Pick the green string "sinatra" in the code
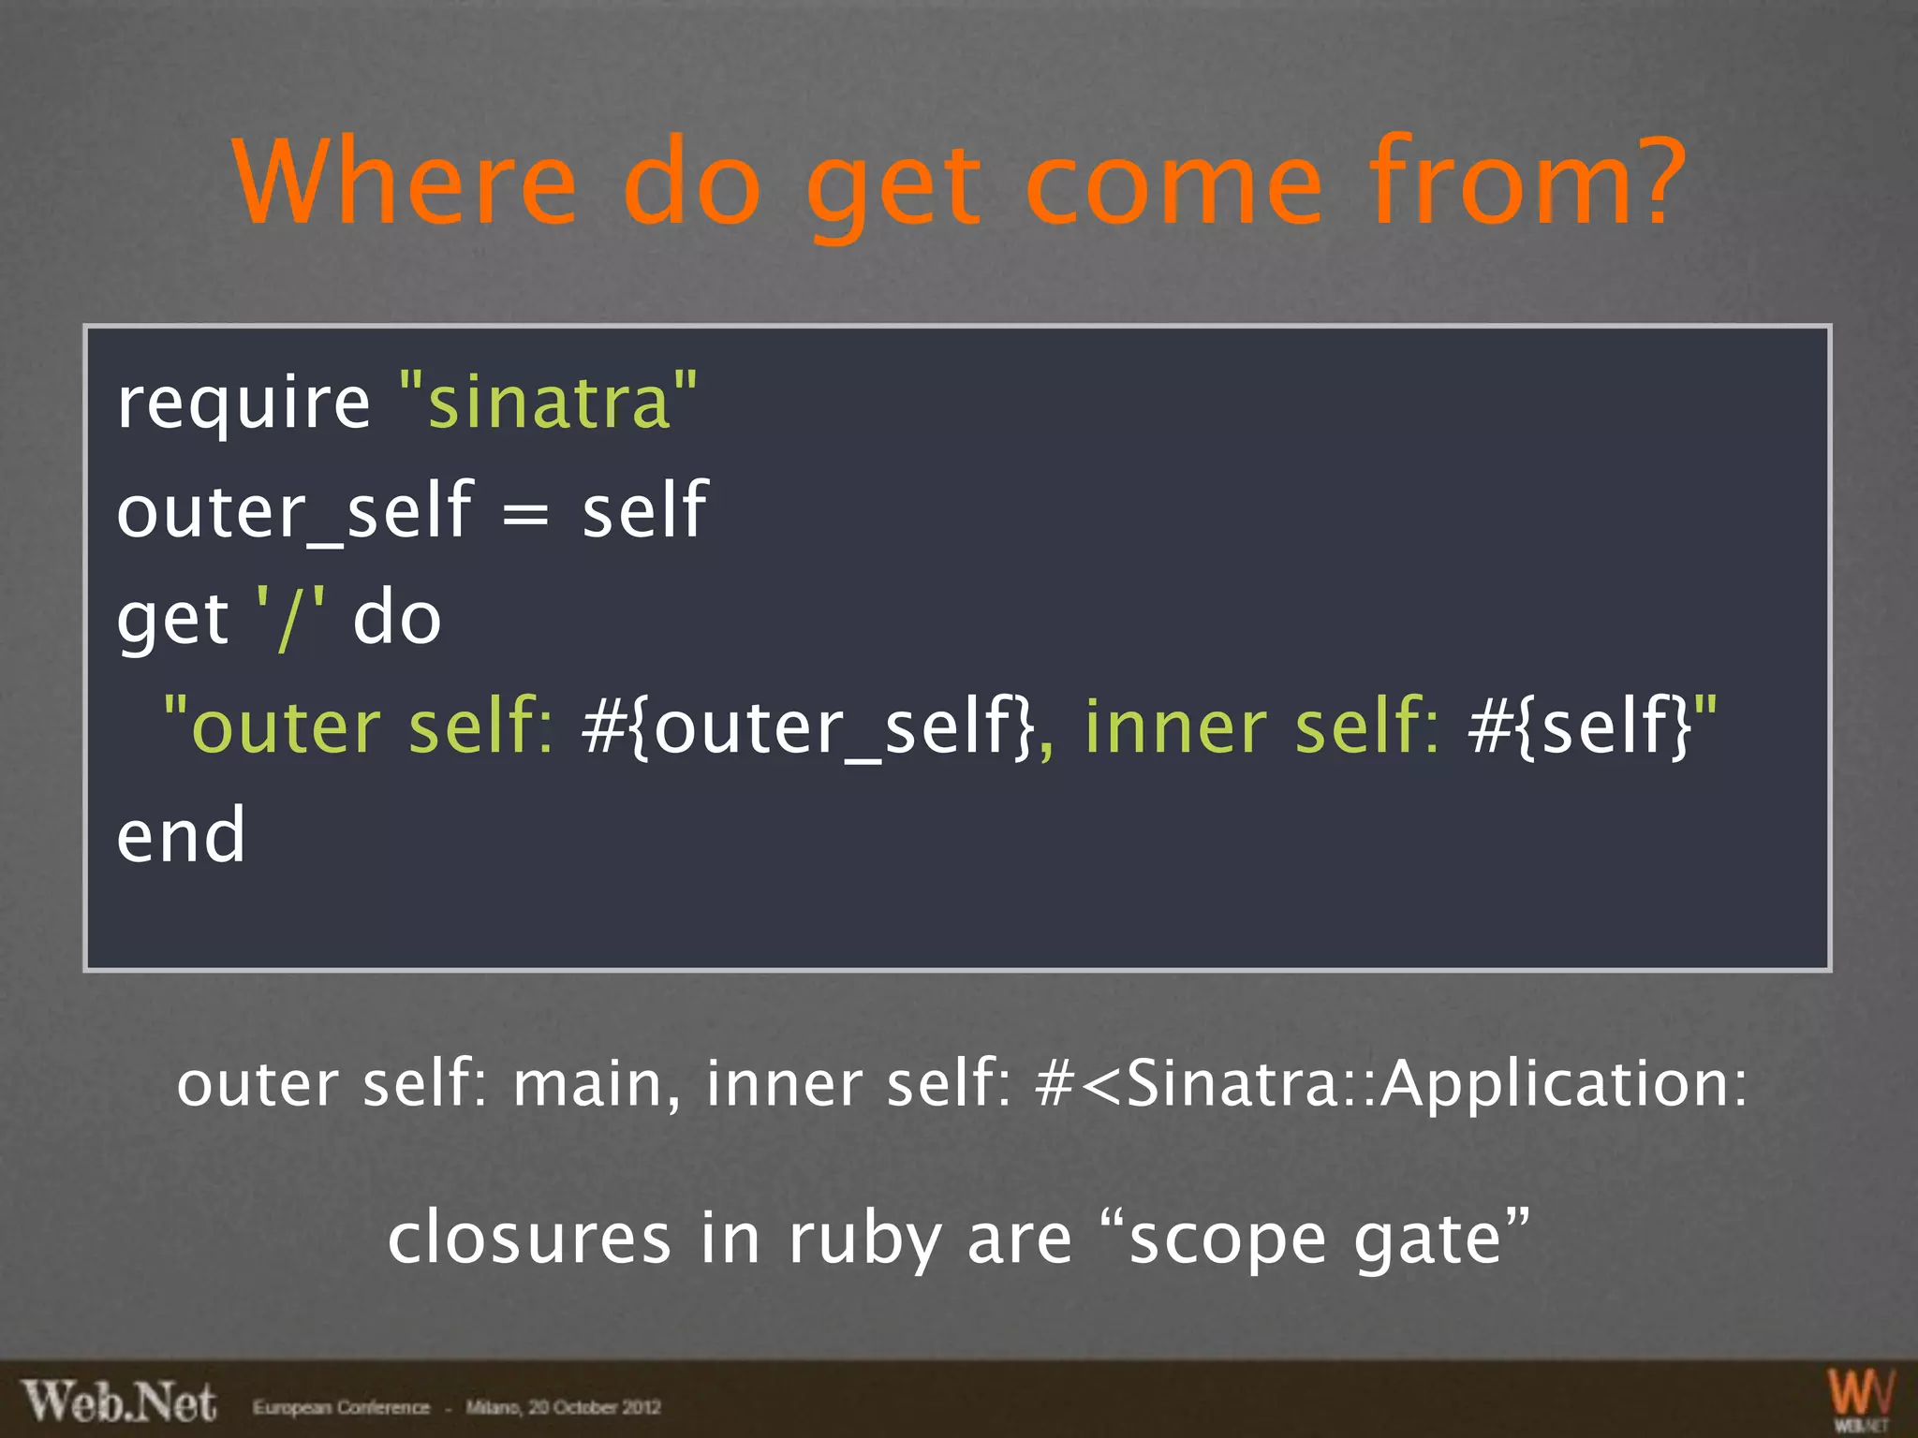point(548,401)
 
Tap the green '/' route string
point(290,620)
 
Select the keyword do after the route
point(396,620)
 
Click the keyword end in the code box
point(181,836)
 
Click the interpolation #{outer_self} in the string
point(807,728)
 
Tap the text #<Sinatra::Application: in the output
point(1392,1084)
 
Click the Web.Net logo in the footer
point(120,1402)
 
